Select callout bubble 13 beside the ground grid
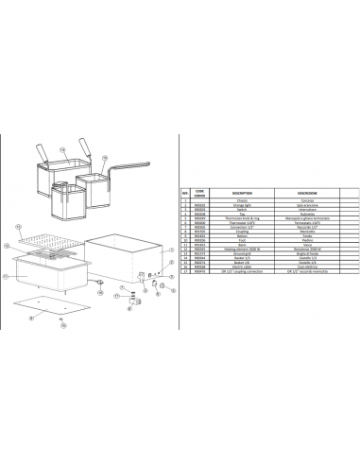coord(18,227)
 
